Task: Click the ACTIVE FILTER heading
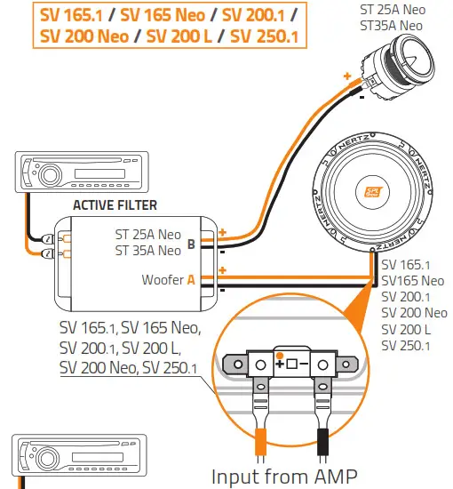115,205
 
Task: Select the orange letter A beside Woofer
190,280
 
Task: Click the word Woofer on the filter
163,280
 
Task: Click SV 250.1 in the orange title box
264,37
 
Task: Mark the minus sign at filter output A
222,290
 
